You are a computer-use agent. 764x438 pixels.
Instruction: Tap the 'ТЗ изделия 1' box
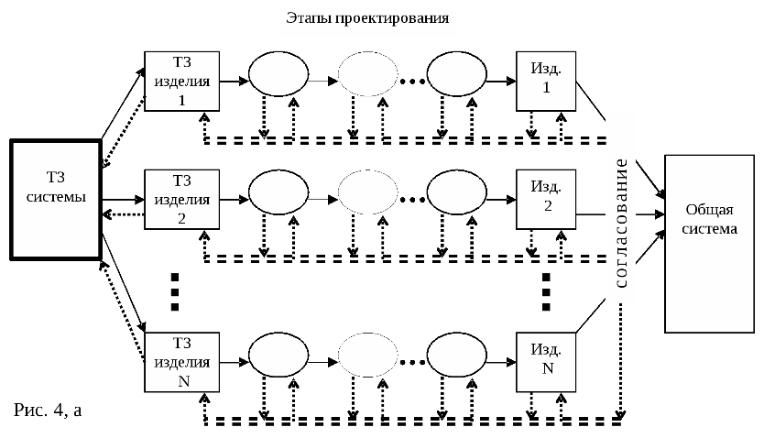[181, 81]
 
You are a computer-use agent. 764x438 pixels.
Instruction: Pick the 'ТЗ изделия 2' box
[181, 199]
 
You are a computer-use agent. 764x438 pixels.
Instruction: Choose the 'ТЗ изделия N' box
[181, 361]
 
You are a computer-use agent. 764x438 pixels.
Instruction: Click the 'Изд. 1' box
[547, 81]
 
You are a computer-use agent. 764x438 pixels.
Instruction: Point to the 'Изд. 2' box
[547, 199]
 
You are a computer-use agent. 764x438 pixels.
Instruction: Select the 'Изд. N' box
[547, 361]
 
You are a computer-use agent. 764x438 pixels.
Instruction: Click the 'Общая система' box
[712, 244]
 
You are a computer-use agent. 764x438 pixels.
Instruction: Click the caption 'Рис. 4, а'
[49, 410]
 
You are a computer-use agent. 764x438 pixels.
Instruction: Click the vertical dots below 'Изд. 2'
[546, 290]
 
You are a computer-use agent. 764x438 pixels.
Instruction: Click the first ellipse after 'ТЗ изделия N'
[278, 353]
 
